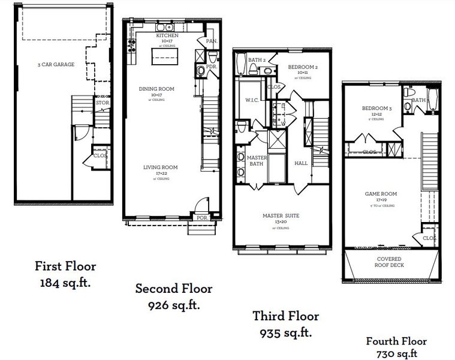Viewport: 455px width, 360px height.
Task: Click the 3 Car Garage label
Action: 56,64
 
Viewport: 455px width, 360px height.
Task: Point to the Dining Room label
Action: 156,89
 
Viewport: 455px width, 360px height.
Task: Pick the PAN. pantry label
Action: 211,41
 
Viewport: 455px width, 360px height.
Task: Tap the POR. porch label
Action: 202,218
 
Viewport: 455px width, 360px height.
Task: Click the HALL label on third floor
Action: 301,163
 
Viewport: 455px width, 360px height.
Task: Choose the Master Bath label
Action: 256,160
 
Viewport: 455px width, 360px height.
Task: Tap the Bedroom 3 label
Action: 376,109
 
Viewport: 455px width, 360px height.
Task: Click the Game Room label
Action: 380,194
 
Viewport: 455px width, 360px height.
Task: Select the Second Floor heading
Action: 174,289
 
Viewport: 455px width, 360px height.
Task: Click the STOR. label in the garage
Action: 102,103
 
